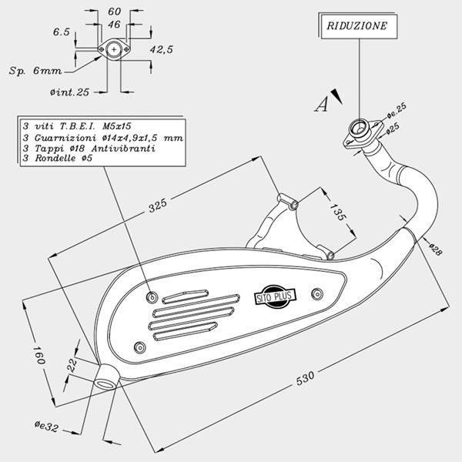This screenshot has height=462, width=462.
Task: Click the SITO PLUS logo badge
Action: (x=275, y=296)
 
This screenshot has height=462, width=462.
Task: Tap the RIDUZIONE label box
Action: (x=359, y=26)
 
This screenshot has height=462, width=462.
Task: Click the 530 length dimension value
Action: (x=305, y=379)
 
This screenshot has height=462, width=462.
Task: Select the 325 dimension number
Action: (x=157, y=206)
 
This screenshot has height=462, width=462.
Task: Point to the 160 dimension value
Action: (x=38, y=355)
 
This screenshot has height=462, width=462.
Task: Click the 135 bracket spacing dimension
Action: (x=336, y=212)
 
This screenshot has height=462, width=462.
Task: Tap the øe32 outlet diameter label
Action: (x=46, y=427)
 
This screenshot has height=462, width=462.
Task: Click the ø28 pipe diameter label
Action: (x=436, y=249)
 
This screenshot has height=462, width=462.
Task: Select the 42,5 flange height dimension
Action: (x=162, y=49)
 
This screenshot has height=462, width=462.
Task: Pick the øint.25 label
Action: (x=69, y=92)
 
